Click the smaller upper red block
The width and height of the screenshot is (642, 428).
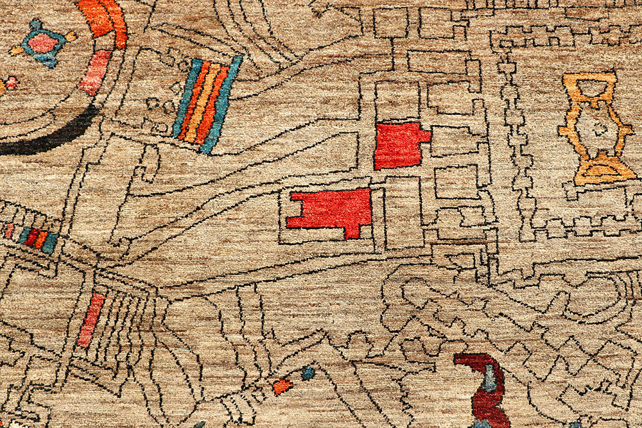[x=398, y=146]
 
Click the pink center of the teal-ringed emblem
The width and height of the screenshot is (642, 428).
[x=43, y=43]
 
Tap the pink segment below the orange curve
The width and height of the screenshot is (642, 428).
[x=96, y=72]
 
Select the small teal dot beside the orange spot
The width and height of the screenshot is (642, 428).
[x=308, y=373]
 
